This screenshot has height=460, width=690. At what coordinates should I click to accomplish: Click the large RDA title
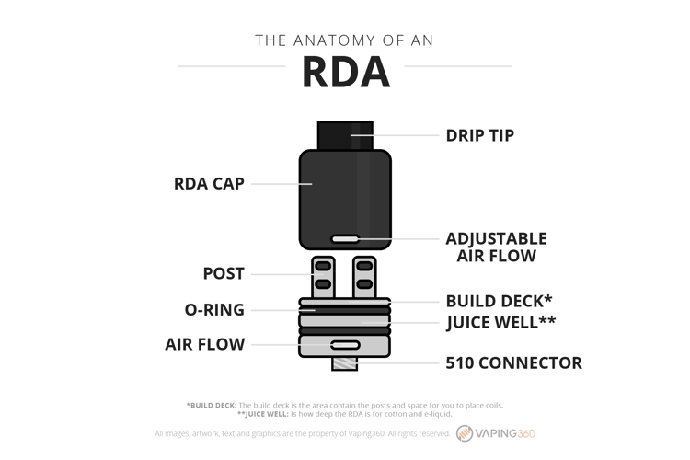346,72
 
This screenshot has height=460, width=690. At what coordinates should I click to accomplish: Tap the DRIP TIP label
479,135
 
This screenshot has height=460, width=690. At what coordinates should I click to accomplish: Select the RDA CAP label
209,184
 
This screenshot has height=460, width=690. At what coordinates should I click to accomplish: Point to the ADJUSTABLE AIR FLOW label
497,247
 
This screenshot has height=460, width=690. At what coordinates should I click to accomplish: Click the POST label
224,273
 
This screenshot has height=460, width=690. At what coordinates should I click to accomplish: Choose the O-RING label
214,309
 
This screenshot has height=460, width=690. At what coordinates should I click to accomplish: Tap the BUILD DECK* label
499,301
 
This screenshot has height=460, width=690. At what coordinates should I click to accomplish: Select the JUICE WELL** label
500,322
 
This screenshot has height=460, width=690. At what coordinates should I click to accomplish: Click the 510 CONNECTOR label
513,363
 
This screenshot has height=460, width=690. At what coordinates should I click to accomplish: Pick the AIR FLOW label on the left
205,344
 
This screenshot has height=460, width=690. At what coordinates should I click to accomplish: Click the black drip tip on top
345,135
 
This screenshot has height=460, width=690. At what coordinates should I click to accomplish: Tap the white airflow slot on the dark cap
345,239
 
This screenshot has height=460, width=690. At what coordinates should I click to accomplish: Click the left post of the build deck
323,277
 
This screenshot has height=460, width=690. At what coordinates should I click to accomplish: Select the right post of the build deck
364,277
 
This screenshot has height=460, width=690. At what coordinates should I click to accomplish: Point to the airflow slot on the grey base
345,345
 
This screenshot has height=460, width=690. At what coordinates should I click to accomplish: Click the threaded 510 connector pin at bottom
345,363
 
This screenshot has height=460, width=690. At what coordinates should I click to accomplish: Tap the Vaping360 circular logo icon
465,433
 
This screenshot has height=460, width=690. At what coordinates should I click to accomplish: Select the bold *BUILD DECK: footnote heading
212,406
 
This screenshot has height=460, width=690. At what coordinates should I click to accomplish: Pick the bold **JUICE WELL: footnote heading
263,414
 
